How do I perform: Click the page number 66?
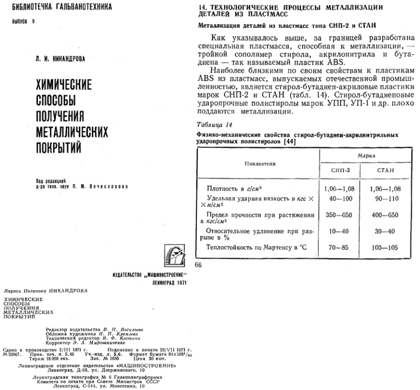(x=198, y=265)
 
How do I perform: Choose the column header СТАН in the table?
(x=389, y=170)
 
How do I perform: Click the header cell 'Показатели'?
(x=260, y=163)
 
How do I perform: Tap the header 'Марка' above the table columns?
(x=366, y=156)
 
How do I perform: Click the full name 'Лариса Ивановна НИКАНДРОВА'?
(x=46, y=290)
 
